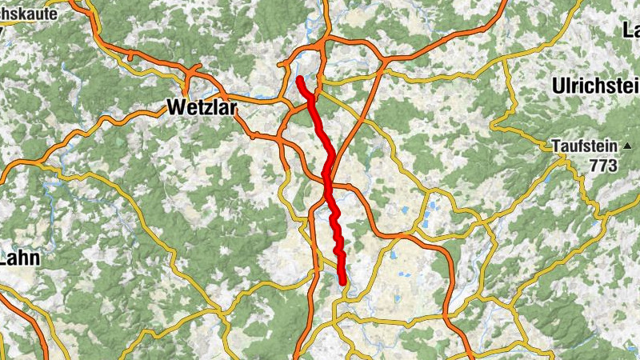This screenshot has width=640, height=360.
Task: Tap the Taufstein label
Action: (585, 146)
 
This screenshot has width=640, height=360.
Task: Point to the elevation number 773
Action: (602, 166)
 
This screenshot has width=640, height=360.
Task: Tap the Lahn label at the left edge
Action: (19, 258)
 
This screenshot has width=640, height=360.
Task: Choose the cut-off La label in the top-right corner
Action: (630, 30)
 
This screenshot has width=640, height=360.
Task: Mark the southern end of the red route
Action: (342, 282)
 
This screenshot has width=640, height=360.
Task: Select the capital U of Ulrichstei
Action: (558, 86)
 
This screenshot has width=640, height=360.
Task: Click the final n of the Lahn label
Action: (34, 258)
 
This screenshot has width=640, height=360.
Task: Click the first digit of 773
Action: (592, 166)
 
